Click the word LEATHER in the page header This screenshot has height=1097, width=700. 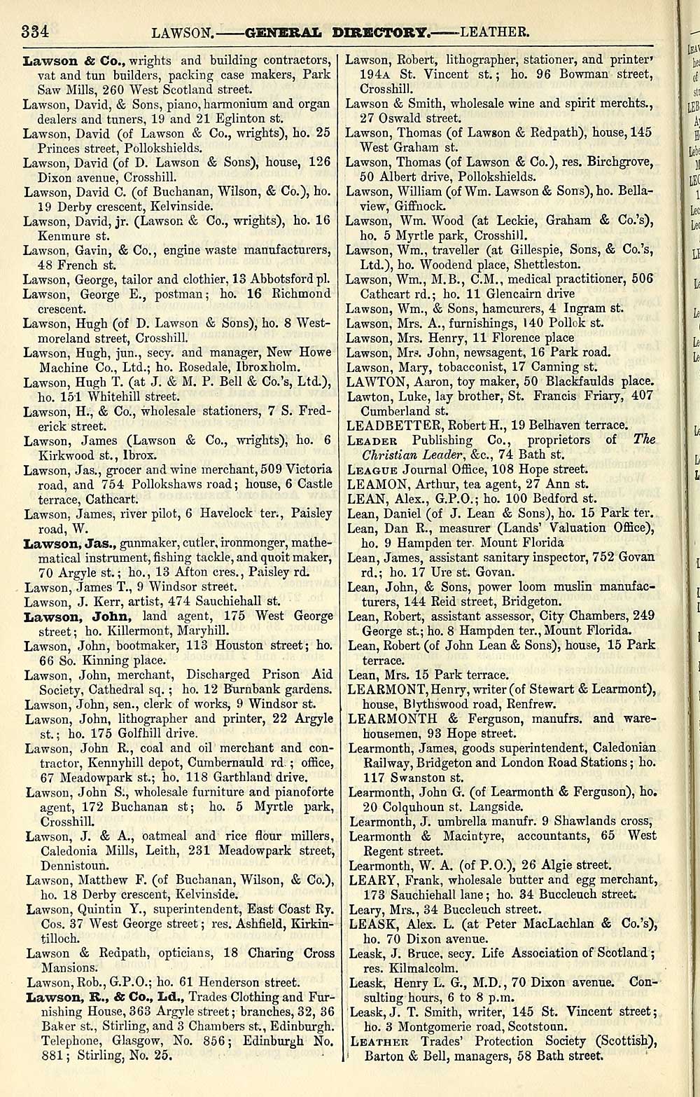(495, 32)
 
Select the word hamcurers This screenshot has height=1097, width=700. (507, 308)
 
